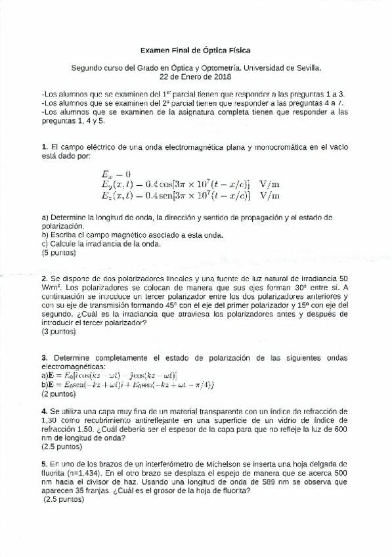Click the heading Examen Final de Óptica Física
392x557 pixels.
196,50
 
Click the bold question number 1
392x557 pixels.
43,146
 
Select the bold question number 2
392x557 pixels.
43,278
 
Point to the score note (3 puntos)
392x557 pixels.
58,332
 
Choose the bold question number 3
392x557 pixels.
43,357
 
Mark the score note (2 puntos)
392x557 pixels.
58,394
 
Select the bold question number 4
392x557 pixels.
43,411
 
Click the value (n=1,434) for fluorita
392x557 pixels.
91,473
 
